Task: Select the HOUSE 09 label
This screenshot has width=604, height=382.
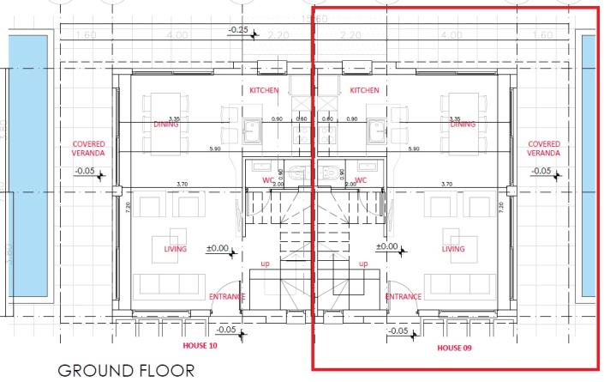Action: (455, 348)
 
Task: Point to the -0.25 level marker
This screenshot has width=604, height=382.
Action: (237, 31)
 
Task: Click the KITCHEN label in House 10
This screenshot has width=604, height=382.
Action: (265, 90)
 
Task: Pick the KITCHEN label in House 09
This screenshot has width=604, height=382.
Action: (364, 90)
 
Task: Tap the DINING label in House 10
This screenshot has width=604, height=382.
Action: (166, 124)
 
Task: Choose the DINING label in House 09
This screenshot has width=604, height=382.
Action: (463, 124)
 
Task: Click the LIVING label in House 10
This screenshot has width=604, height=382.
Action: (176, 249)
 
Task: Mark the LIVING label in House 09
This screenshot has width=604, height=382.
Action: (453, 249)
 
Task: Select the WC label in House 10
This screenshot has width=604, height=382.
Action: (267, 180)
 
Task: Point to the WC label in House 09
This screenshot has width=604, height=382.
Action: (361, 180)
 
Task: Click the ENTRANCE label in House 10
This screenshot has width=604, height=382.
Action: (227, 297)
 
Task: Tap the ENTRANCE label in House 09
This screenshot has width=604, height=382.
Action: (403, 297)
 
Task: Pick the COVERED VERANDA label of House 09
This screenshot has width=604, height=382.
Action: (545, 149)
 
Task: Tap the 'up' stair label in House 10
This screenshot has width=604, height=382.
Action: (266, 263)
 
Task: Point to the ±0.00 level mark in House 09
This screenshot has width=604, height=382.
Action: (388, 247)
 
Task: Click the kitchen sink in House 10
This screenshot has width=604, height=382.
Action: (253, 131)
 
